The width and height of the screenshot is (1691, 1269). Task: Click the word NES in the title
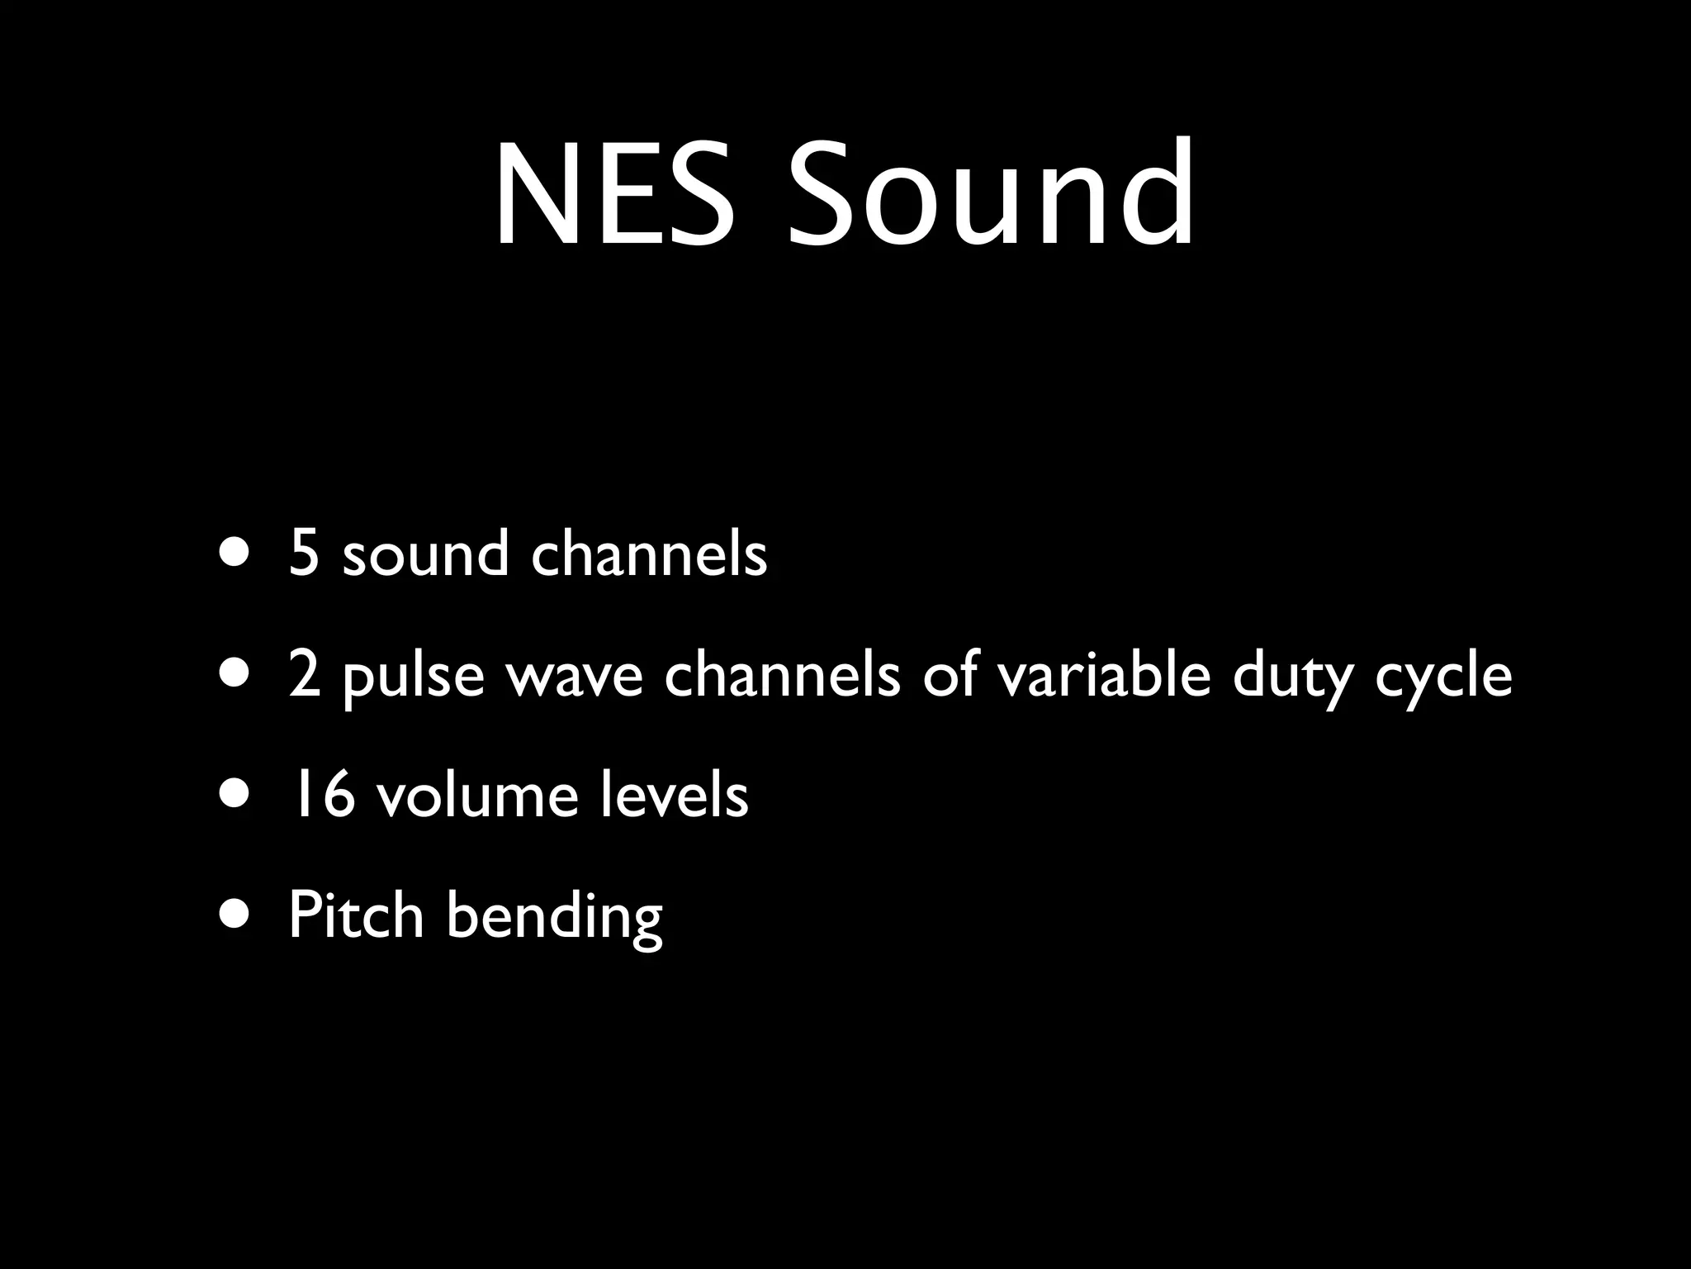(x=614, y=195)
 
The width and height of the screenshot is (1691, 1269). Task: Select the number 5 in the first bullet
(x=304, y=554)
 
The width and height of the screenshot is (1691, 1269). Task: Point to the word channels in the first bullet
(x=649, y=554)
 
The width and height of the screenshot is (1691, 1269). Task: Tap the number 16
(x=320, y=796)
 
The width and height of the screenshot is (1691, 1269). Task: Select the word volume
(x=477, y=796)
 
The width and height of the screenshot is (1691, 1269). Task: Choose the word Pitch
(x=356, y=915)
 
